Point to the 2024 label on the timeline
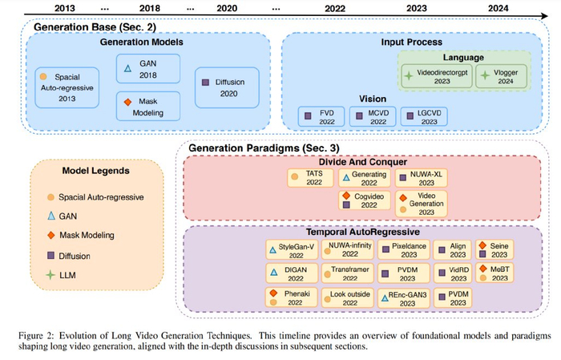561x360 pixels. (x=492, y=7)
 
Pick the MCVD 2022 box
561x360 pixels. (x=375, y=118)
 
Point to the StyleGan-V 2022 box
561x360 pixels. (x=291, y=249)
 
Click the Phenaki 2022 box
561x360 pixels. (x=291, y=299)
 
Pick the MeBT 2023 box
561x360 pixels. (x=494, y=273)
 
